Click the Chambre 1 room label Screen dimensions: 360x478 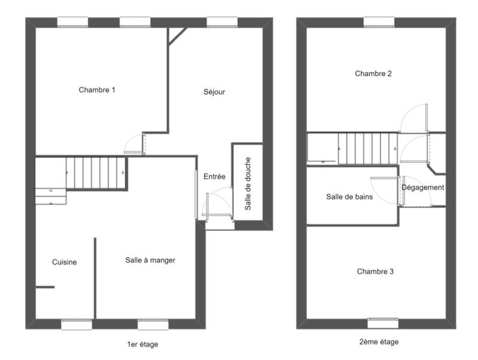[x=97, y=90]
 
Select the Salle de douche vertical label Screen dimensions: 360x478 [x=248, y=183]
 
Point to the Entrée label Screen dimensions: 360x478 [x=215, y=177]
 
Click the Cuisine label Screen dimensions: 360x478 [x=65, y=262]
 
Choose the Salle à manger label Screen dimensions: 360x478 [x=150, y=260]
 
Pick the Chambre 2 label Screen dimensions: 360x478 [x=373, y=74]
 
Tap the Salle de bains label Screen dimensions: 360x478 [x=350, y=196]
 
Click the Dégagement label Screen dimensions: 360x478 [x=423, y=187]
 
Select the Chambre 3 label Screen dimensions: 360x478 [x=375, y=272]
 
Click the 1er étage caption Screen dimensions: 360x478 [x=143, y=344]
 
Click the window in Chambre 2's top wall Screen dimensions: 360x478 [x=380, y=22]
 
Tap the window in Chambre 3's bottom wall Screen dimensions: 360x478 [x=382, y=323]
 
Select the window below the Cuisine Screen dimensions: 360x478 [x=76, y=325]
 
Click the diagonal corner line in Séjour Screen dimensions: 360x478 [x=177, y=36]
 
